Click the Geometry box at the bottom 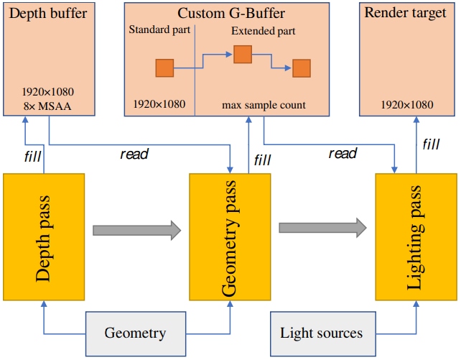click(136, 334)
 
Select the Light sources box click(323, 334)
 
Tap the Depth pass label click(43, 239)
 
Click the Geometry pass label click(229, 239)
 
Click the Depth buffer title click(48, 13)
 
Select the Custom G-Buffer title click(231, 13)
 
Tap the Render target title click(406, 13)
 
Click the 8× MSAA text click(47, 106)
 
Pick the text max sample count click(264, 105)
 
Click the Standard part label click(159, 29)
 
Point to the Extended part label click(263, 31)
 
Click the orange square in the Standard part click(164, 68)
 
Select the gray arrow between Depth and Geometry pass click(137, 230)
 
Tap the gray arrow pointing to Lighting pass click(323, 228)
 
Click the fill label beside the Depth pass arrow click(32, 157)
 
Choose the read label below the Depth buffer click(134, 154)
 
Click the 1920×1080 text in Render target click(407, 105)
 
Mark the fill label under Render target click(431, 144)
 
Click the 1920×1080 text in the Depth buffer click(48, 92)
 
